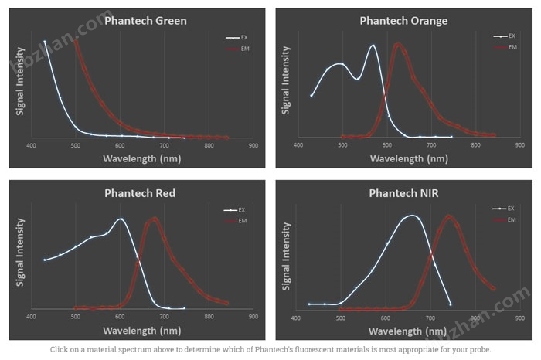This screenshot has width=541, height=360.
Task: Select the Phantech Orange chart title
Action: tap(403, 21)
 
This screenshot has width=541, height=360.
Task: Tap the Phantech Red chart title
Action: tap(141, 193)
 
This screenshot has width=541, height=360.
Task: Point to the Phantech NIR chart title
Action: tap(403, 193)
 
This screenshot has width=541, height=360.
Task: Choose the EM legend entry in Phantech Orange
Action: tap(502, 48)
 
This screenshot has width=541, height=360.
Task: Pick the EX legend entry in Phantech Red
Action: tap(235, 209)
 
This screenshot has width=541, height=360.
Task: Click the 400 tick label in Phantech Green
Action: tap(31, 144)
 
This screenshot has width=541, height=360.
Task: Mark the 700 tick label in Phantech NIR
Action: tap(430, 317)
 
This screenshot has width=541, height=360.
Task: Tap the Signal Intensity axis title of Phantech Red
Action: tap(20, 253)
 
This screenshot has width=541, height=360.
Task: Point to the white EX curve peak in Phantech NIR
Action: tap(410, 216)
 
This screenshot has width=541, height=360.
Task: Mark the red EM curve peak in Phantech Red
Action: tap(154, 219)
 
